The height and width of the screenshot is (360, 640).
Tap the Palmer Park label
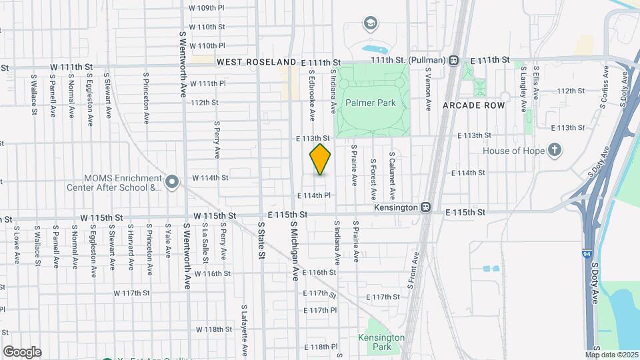click(370, 103)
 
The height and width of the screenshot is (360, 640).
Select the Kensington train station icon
click(425, 207)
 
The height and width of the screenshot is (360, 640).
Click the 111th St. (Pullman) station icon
click(453, 60)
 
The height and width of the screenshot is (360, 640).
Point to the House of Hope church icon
click(555, 150)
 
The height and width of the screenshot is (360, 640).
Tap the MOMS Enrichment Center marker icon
click(172, 181)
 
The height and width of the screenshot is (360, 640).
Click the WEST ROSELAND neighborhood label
click(256, 61)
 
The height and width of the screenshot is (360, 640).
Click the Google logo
click(22, 351)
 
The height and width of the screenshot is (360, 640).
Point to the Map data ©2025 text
click(612, 355)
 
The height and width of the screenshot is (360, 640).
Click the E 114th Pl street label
click(315, 195)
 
